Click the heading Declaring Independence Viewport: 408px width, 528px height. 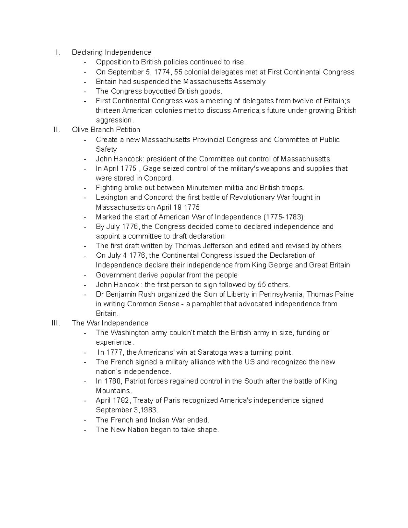(x=112, y=52)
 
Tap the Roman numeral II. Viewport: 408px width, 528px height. (x=57, y=130)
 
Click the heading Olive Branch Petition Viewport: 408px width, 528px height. (x=106, y=130)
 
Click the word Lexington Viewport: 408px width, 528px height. (x=112, y=198)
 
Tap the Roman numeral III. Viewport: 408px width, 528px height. (x=56, y=323)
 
